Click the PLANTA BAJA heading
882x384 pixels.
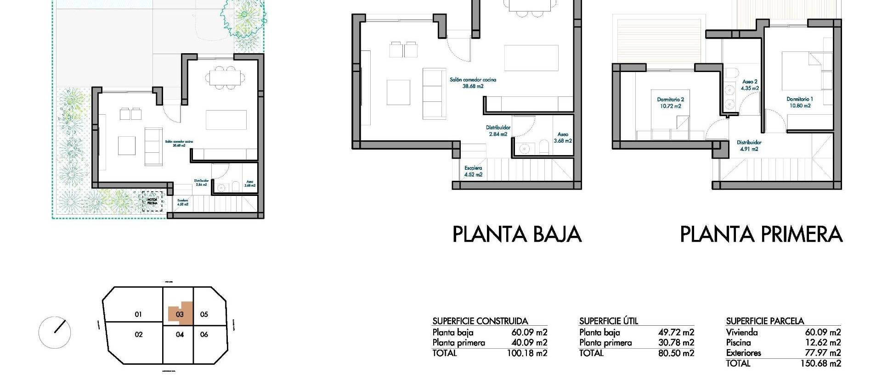pos(517,234)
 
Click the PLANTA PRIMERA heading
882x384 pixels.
pos(761,234)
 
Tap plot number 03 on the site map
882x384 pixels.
pos(180,314)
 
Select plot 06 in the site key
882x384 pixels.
pos(204,334)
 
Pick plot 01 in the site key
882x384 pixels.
pos(138,314)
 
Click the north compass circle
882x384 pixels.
pos(55,332)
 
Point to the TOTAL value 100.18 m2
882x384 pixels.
pos(527,353)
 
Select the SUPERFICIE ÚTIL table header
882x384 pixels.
pos(608,321)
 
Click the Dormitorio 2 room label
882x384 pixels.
pos(670,103)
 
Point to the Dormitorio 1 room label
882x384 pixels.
pos(799,102)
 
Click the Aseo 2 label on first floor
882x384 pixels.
pos(750,85)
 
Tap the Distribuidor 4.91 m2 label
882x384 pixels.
pos(749,145)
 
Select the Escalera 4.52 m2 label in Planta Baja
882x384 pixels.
pos(473,171)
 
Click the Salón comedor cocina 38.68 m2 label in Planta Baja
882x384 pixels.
pos(473,83)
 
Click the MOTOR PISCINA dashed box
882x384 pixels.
pos(152,201)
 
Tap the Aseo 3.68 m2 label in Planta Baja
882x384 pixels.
pos(562,138)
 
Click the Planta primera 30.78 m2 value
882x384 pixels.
pos(676,343)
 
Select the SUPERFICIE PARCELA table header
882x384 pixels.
pos(765,321)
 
